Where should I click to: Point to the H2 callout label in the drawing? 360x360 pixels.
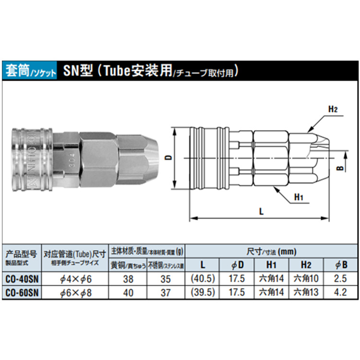click(x=333, y=109)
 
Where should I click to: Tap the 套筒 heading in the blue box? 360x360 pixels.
click(x=17, y=72)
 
